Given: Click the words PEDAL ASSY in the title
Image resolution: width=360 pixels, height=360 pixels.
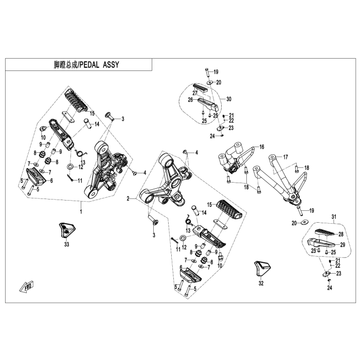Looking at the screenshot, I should (105, 65).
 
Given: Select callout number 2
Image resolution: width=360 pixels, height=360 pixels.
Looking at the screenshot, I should (128, 197).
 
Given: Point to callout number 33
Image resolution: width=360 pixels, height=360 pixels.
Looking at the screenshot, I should (66, 245).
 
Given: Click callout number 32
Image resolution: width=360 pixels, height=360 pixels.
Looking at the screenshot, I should (261, 283).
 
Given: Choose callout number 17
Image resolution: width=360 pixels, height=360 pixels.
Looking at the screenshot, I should (286, 157).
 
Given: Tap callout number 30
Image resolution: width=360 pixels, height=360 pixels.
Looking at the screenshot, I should (229, 99).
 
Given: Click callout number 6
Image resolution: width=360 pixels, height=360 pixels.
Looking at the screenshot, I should (51, 180).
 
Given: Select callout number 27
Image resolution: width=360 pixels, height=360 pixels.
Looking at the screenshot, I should (195, 93).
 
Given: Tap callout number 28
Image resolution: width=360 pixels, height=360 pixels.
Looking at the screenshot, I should (340, 234).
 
